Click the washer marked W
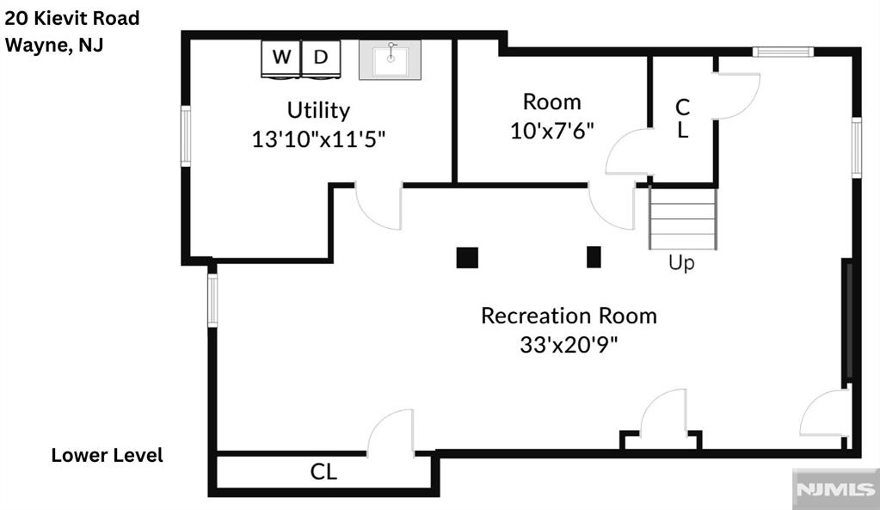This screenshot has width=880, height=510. (x=281, y=58)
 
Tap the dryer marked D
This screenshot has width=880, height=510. (x=321, y=58)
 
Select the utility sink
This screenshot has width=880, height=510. (x=390, y=59)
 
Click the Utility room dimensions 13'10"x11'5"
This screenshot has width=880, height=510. (x=319, y=139)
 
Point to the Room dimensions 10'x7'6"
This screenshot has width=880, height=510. (x=551, y=132)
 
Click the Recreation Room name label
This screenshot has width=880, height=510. (x=569, y=316)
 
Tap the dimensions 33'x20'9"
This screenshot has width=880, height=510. (x=569, y=345)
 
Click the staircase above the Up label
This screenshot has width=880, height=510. (x=683, y=218)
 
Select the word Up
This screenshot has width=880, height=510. (x=681, y=262)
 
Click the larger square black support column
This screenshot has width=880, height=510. (x=467, y=257)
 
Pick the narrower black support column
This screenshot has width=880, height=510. (x=594, y=257)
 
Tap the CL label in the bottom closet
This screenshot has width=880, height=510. (x=323, y=472)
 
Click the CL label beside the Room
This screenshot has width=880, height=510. (x=682, y=119)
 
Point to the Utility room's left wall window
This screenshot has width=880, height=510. (x=186, y=136)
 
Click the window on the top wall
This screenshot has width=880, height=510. (x=783, y=52)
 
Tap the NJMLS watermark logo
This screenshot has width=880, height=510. (x=835, y=488)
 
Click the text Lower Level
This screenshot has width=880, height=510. (x=108, y=455)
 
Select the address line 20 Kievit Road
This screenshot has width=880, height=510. (x=72, y=18)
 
